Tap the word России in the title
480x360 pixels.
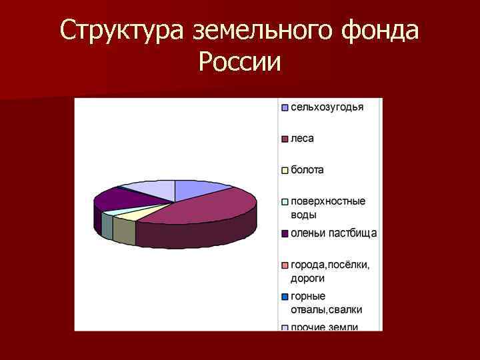pos(240,64)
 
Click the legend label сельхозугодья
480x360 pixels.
pos(327,107)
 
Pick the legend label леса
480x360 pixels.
pos(302,139)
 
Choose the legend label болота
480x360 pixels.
pos(307,170)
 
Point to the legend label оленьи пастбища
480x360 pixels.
pos(333,233)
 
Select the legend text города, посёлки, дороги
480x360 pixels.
pos(329,271)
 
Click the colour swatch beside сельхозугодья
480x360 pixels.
pos(284,107)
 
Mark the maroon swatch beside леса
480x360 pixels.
pos(284,139)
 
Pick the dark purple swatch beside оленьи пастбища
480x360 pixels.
pos(284,233)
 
